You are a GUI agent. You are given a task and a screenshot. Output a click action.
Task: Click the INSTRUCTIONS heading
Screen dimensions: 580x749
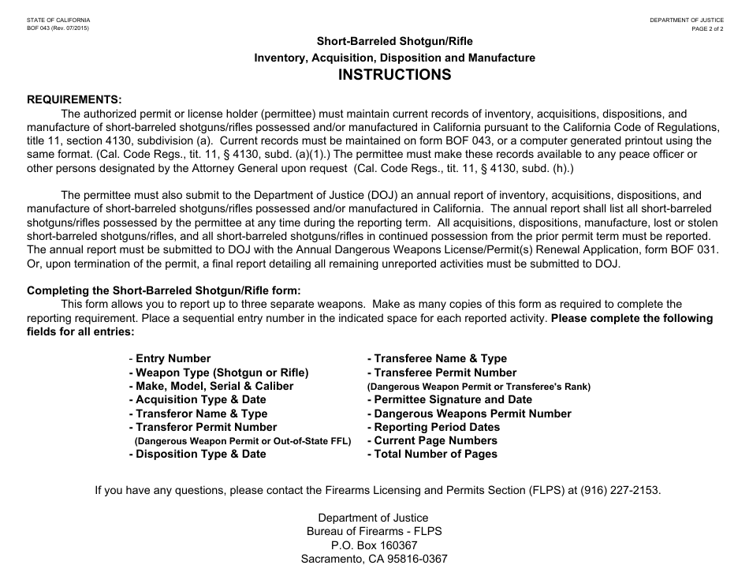394,76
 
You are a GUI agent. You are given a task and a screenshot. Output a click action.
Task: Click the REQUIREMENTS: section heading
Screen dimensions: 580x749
75,99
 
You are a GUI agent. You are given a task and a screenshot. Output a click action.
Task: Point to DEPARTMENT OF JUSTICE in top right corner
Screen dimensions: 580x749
687,19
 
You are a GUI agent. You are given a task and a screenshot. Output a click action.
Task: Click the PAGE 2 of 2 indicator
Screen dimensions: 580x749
707,28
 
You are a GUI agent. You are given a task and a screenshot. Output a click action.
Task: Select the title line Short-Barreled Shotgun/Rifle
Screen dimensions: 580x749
394,40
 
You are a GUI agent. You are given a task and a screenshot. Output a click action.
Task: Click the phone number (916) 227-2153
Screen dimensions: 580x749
620,490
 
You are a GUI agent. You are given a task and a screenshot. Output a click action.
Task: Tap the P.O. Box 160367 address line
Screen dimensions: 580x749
374,545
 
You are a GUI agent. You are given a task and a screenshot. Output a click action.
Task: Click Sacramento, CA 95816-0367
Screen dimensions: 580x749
374,559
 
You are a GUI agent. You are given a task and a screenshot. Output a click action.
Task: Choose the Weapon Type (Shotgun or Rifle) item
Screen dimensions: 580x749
218,372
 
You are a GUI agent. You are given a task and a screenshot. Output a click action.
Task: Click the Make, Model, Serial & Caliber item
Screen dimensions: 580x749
211,386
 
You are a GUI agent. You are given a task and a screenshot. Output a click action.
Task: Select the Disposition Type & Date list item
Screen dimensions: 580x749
198,454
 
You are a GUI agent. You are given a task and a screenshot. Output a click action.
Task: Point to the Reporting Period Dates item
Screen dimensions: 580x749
433,427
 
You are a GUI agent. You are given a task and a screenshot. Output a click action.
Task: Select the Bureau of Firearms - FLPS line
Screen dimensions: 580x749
374,531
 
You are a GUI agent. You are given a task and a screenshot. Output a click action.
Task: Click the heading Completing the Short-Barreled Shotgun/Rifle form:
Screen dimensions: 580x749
164,290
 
